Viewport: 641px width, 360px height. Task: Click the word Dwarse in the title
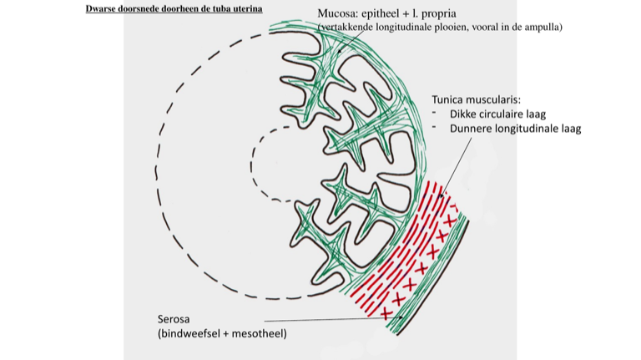[x=102, y=9]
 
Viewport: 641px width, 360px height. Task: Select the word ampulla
[x=543, y=28]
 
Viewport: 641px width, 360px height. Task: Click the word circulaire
[x=508, y=114]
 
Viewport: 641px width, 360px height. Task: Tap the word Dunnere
[x=472, y=129]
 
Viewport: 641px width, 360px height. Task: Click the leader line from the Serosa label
[x=334, y=319]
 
